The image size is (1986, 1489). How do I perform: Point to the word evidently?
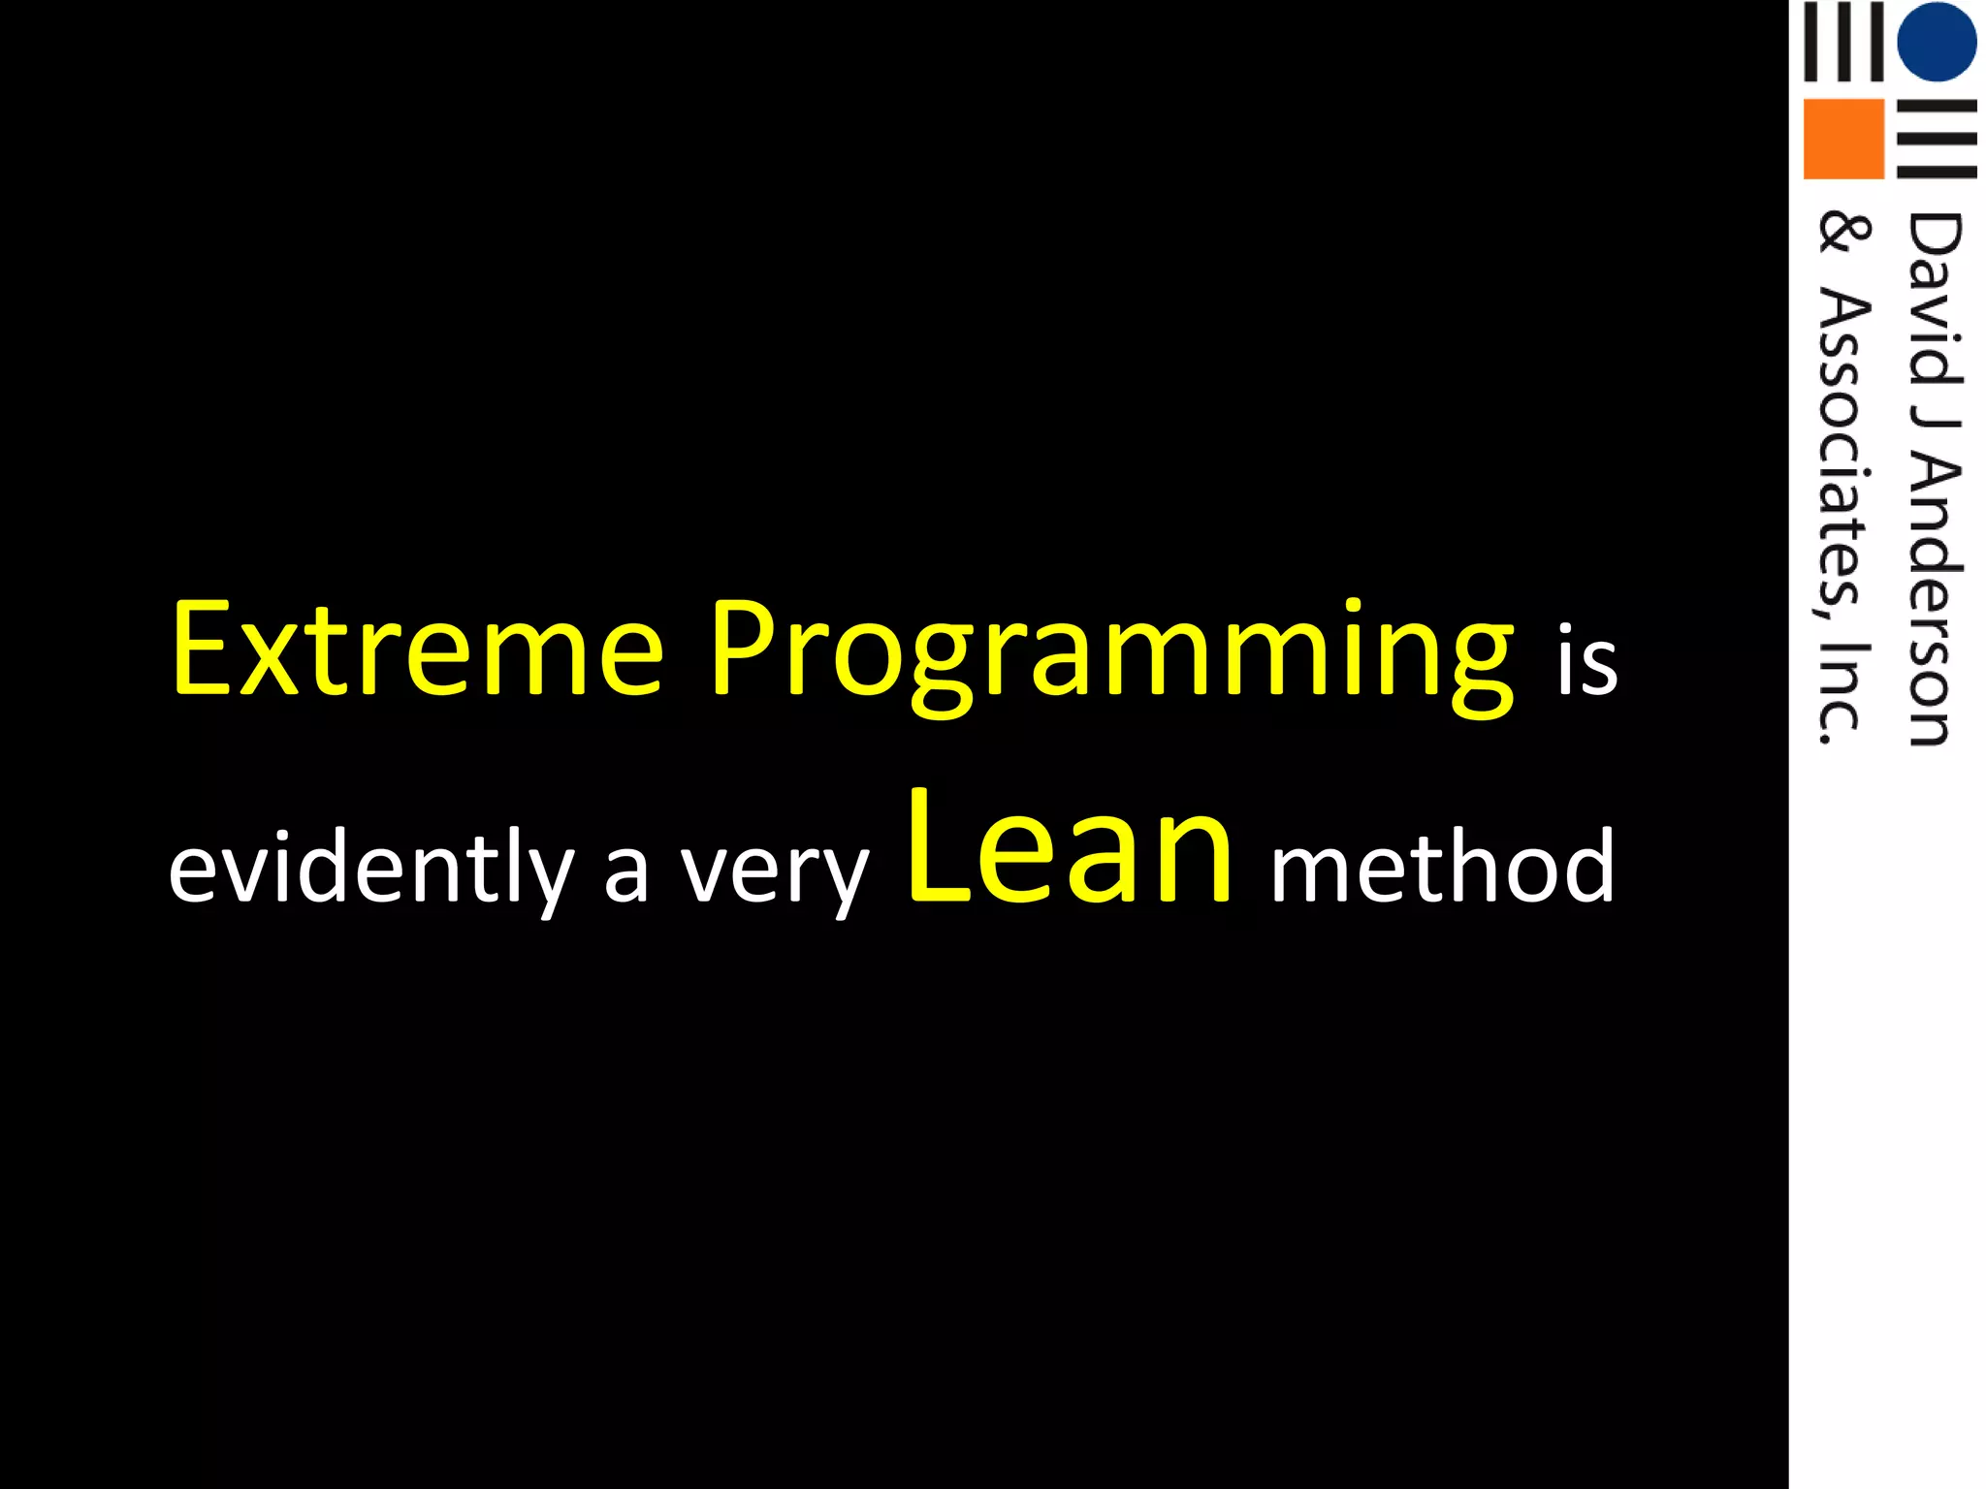[370, 867]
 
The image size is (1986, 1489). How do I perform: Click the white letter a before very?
[625, 872]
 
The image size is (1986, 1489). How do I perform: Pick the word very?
[774, 872]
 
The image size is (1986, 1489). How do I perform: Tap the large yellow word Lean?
[1071, 847]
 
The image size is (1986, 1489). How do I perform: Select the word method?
[1443, 865]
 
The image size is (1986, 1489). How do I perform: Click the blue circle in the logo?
[1937, 42]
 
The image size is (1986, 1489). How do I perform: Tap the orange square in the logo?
[1842, 139]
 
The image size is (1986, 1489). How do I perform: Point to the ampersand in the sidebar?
[1842, 234]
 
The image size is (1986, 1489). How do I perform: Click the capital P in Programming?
[741, 648]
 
